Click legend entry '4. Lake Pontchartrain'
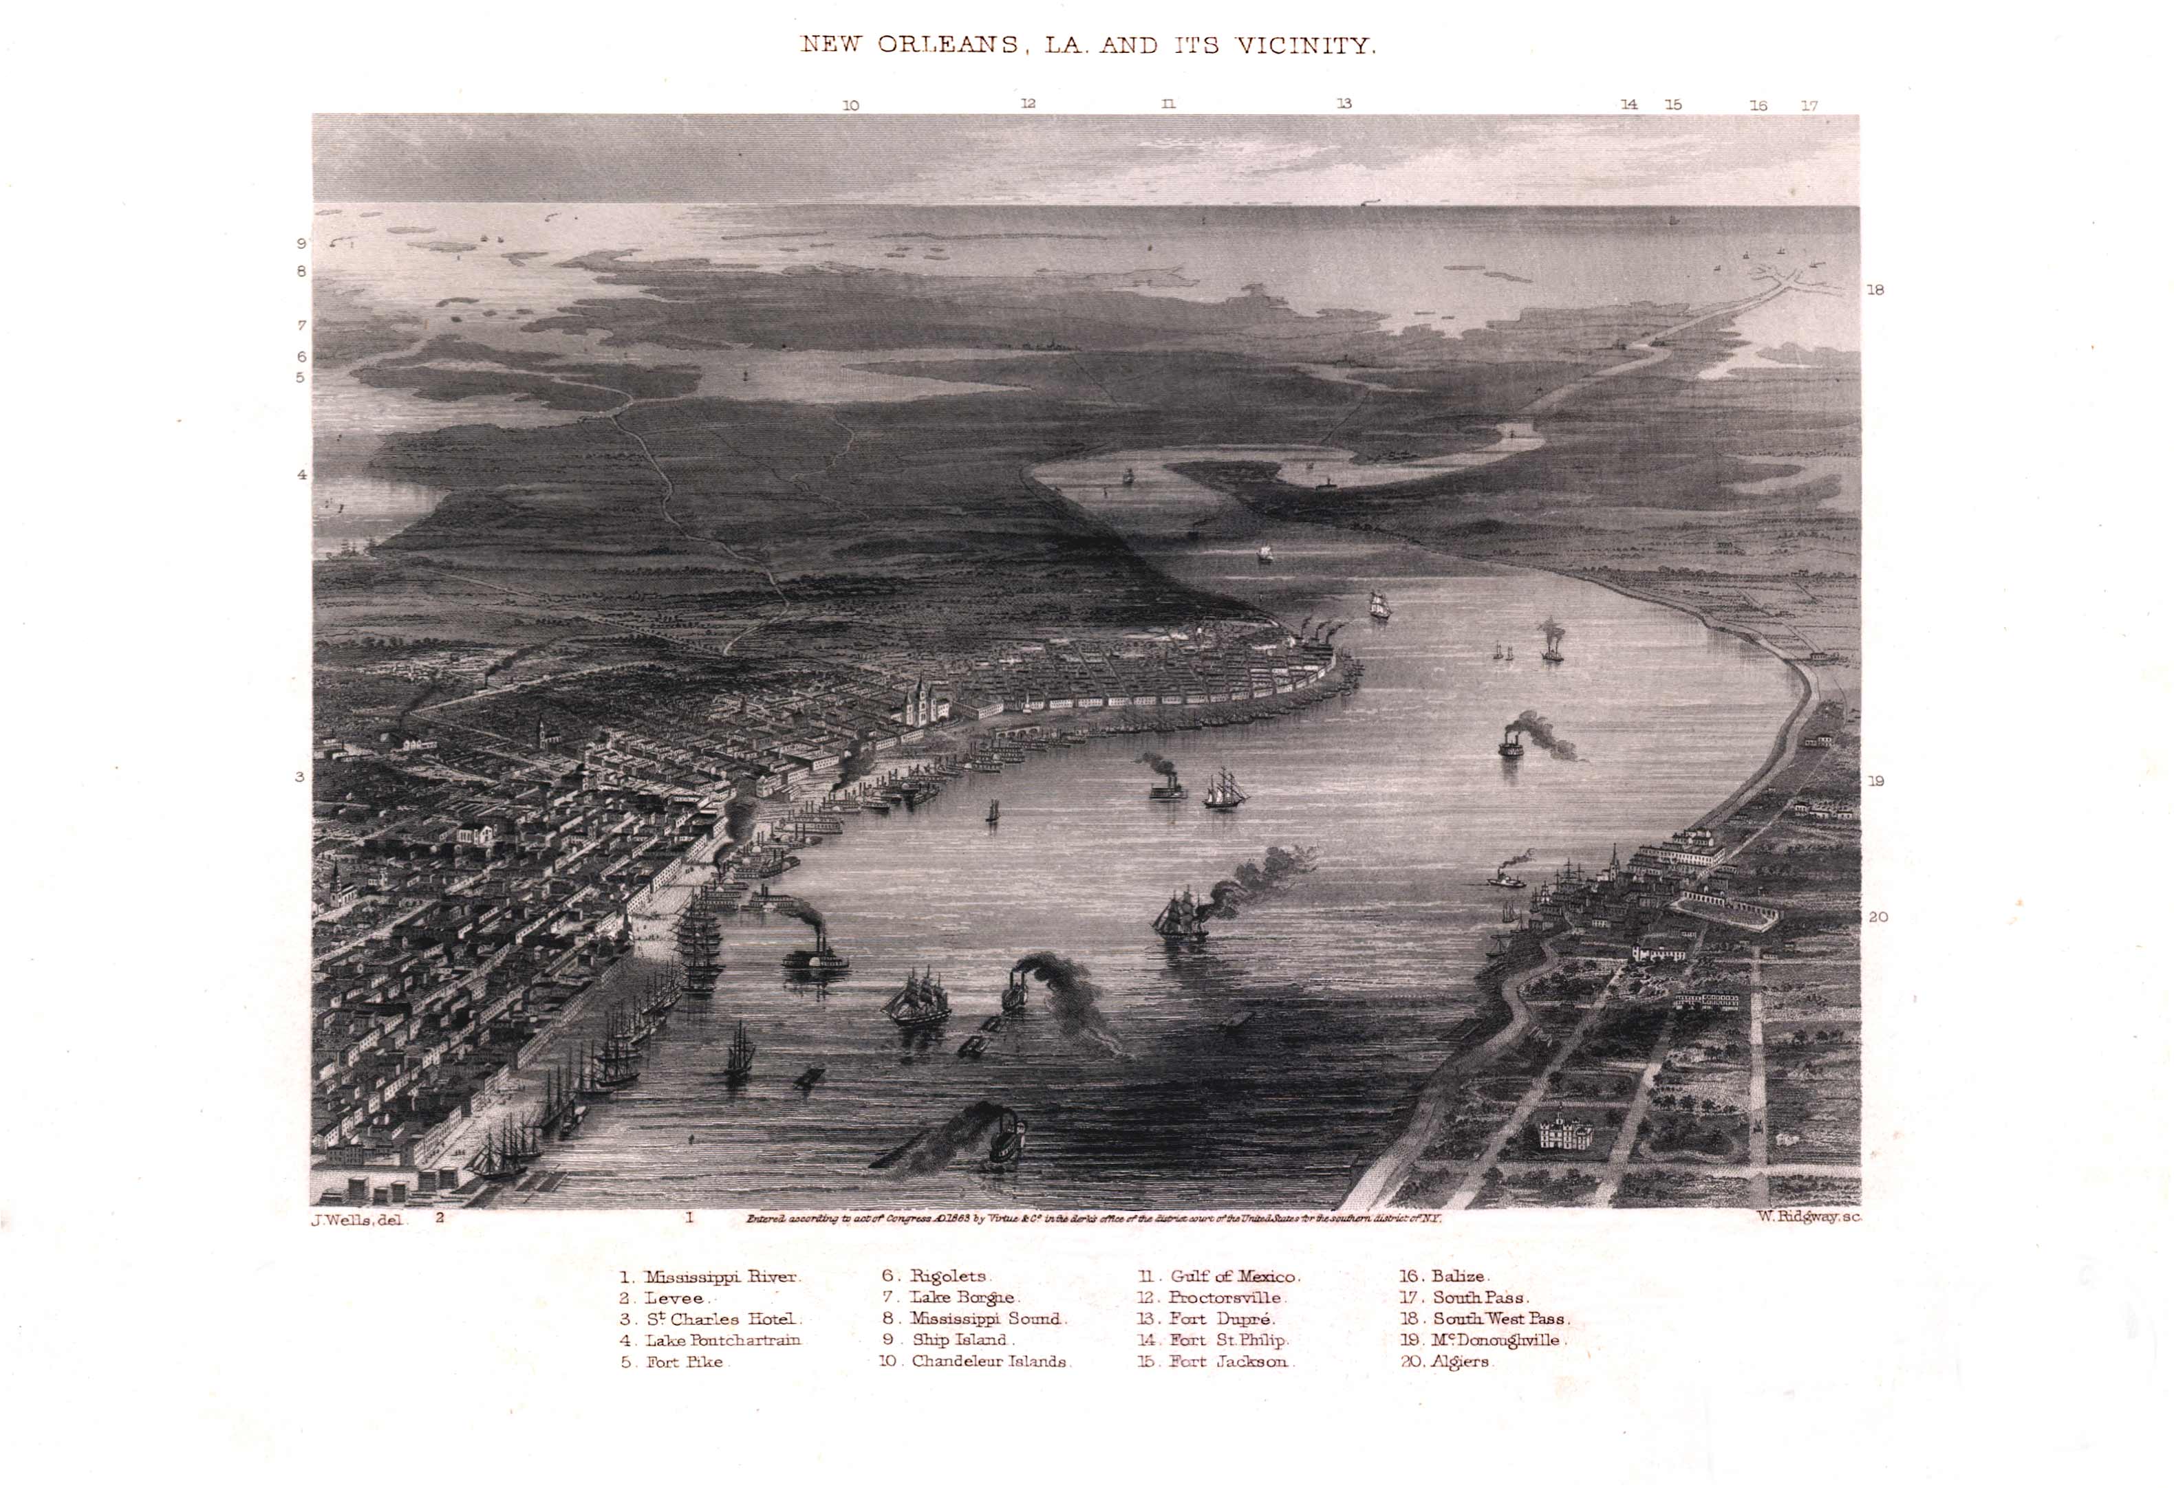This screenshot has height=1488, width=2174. coord(711,1340)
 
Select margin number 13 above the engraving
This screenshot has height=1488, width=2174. coord(1344,104)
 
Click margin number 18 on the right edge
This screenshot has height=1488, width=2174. coord(1875,290)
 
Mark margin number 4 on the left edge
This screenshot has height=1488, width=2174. coord(301,475)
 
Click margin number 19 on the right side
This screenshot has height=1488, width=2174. coord(1875,781)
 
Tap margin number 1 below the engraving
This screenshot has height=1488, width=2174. coord(689,1218)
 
